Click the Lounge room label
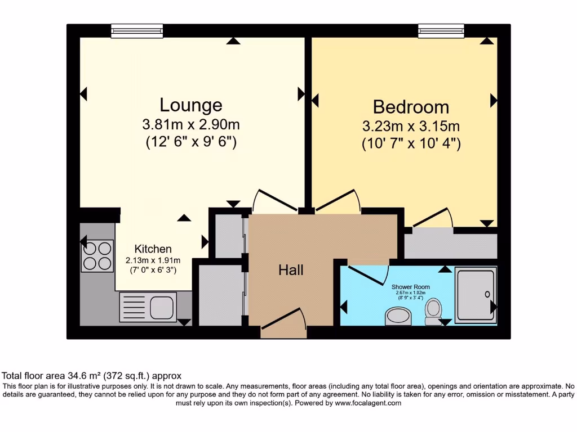[x=190, y=105]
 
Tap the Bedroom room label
[x=411, y=107]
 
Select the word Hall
[x=291, y=271]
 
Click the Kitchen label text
[x=153, y=249]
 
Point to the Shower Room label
[x=410, y=287]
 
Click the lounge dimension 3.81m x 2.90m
[x=190, y=125]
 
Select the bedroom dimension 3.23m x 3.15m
[x=411, y=126]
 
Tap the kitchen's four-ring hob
[x=97, y=255]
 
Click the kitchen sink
[x=148, y=307]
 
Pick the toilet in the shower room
[x=433, y=311]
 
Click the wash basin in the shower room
[x=400, y=317]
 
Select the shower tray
[x=476, y=296]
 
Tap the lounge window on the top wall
[x=137, y=31]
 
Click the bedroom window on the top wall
[x=441, y=31]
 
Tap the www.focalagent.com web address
[x=367, y=403]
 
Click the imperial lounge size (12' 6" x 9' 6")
[x=190, y=143]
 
